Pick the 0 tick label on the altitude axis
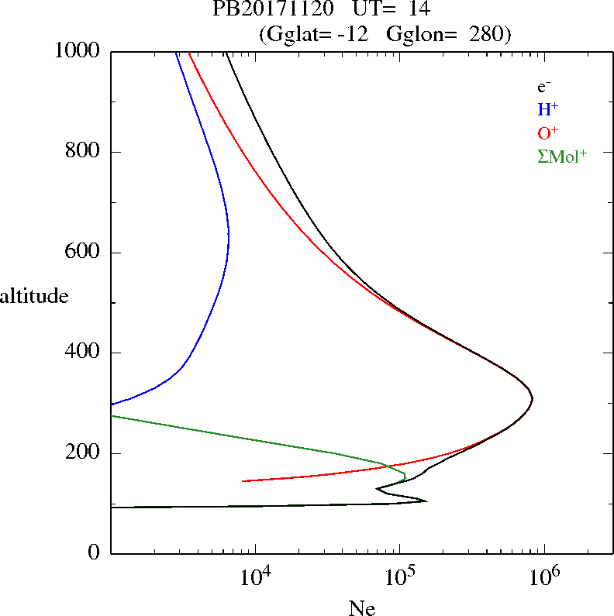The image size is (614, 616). coord(94,553)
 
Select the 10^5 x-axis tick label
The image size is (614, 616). coord(401,578)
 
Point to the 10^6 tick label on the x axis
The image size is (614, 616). coord(546,578)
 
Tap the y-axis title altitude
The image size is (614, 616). coord(34,296)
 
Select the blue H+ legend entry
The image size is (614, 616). coord(548,109)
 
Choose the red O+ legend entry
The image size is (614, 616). coord(548,132)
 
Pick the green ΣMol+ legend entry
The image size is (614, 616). coord(562,156)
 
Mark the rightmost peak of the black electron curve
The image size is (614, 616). coord(533,399)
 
